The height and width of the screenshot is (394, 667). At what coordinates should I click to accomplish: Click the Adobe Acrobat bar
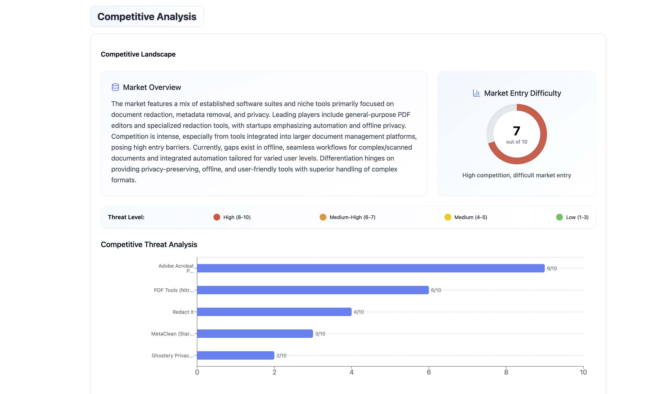pos(371,268)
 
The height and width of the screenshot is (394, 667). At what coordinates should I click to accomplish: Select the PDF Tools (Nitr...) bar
pos(313,290)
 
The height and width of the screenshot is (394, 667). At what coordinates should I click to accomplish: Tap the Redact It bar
pos(274,312)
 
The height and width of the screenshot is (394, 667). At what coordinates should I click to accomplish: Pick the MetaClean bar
pos(255,333)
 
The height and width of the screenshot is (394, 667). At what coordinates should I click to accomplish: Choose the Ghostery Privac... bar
pos(235,355)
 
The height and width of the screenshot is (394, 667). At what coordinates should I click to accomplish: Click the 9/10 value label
pos(552,268)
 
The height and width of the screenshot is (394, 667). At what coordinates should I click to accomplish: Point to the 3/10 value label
pos(320,334)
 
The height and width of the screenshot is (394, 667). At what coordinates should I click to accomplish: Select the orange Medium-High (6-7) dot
pos(323,217)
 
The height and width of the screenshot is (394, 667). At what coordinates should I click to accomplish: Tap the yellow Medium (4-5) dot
pos(448,217)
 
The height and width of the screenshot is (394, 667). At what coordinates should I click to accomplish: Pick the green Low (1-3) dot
pos(559,217)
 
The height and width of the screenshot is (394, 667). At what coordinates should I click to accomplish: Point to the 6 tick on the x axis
pos(429,372)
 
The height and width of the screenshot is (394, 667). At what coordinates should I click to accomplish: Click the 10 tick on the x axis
pos(583,372)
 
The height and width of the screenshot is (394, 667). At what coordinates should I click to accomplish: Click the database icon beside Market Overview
pos(115,87)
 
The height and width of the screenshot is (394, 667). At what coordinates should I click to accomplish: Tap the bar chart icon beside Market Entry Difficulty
pos(476,93)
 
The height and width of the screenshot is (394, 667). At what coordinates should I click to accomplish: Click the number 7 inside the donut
pos(516,131)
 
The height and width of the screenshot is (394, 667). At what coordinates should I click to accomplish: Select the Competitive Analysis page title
pos(147,17)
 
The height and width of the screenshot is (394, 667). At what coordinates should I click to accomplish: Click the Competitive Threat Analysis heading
pos(149,245)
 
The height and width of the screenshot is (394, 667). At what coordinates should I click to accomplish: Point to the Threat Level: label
pos(126,217)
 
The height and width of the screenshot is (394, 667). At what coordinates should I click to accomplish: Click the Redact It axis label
pos(183,312)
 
